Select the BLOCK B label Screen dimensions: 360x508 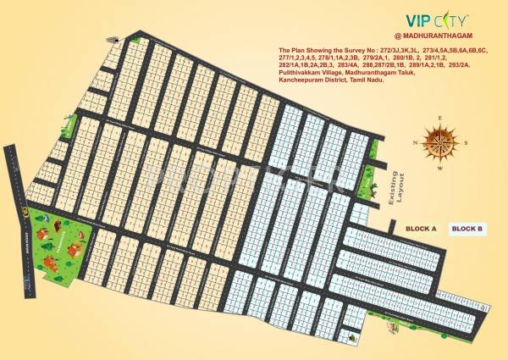tap(467, 229)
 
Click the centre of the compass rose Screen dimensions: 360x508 tap(439, 137)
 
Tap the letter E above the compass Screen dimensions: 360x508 tap(440, 119)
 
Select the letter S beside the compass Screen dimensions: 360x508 tap(464, 142)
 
